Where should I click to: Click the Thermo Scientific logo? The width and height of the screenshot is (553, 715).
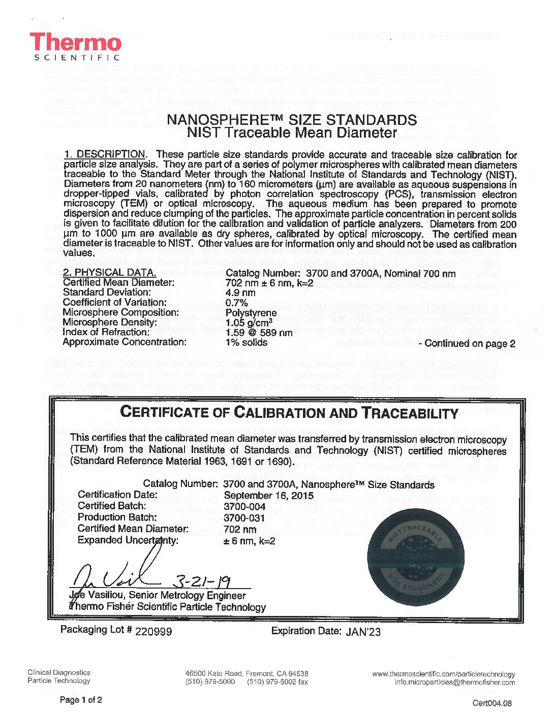[x=76, y=47]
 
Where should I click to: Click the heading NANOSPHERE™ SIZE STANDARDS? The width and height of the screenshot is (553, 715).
[x=292, y=120]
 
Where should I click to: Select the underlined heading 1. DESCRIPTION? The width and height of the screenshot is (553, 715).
[x=105, y=154]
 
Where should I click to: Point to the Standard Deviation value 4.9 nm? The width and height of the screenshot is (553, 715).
[x=240, y=292]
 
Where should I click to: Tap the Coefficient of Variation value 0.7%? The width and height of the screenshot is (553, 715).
[x=236, y=303]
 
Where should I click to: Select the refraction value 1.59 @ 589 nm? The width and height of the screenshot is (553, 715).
[x=259, y=333]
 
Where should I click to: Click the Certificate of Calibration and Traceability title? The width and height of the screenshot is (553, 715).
[x=289, y=412]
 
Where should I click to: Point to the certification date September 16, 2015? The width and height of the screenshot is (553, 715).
[x=268, y=496]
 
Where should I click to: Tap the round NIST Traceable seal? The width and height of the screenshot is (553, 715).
[x=415, y=558]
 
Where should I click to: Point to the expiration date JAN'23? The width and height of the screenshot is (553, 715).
[x=363, y=632]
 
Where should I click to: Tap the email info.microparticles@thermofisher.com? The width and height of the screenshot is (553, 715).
[x=454, y=682]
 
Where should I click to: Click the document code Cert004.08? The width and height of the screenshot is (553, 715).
[x=492, y=703]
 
